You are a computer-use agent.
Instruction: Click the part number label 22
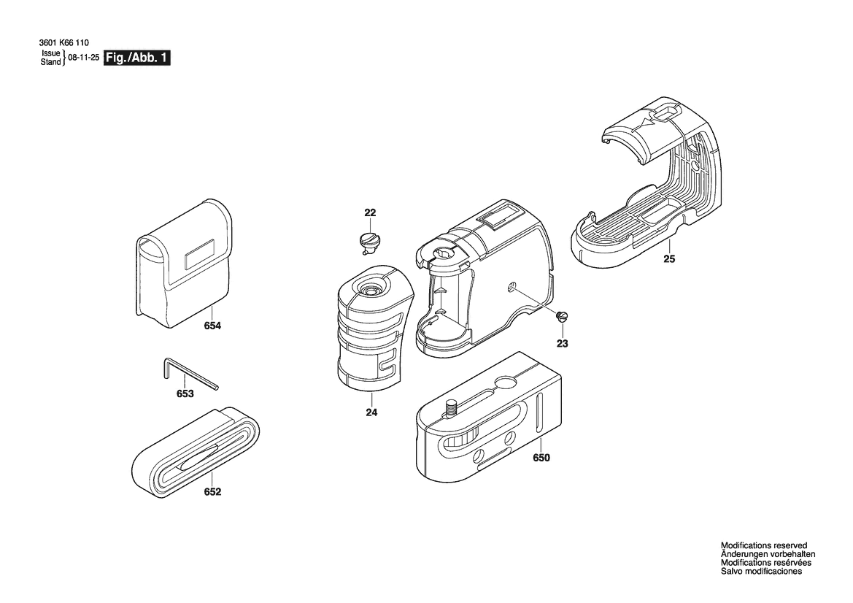[370, 212]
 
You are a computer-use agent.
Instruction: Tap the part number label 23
[562, 343]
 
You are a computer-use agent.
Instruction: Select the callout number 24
[371, 412]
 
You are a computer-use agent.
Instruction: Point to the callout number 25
[669, 259]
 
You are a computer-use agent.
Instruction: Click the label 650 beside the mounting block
[541, 458]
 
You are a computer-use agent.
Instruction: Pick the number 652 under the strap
[212, 492]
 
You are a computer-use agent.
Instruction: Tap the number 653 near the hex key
[185, 393]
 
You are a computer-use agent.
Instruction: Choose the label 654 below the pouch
[212, 326]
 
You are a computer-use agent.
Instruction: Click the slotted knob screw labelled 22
[369, 241]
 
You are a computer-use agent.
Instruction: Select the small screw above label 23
[563, 316]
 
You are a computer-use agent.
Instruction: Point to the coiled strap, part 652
[196, 451]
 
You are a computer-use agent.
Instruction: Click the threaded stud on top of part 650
[450, 407]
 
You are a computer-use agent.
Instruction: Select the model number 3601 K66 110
[64, 43]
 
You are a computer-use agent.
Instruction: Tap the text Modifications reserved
[764, 545]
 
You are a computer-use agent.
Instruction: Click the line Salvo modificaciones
[762, 572]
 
